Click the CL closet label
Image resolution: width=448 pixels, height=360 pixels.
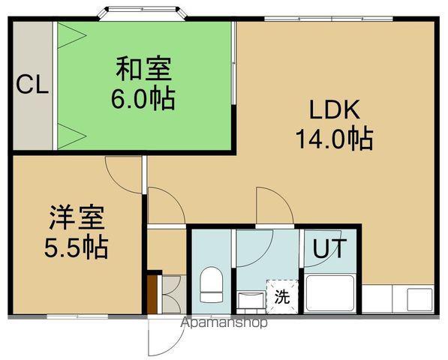[x=32, y=85]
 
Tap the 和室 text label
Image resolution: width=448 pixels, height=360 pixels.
[x=143, y=70]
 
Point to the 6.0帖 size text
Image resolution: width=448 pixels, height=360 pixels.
[x=143, y=98]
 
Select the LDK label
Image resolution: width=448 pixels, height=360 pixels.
[x=336, y=109]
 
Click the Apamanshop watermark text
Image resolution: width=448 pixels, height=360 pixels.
[x=224, y=324]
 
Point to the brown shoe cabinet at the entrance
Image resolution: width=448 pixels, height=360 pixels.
[x=154, y=294]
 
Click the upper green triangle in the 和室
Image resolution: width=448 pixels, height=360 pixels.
[x=69, y=34]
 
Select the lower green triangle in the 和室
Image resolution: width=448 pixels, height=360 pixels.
[x=69, y=136]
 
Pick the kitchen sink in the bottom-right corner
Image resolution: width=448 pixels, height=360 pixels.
[x=416, y=299]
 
